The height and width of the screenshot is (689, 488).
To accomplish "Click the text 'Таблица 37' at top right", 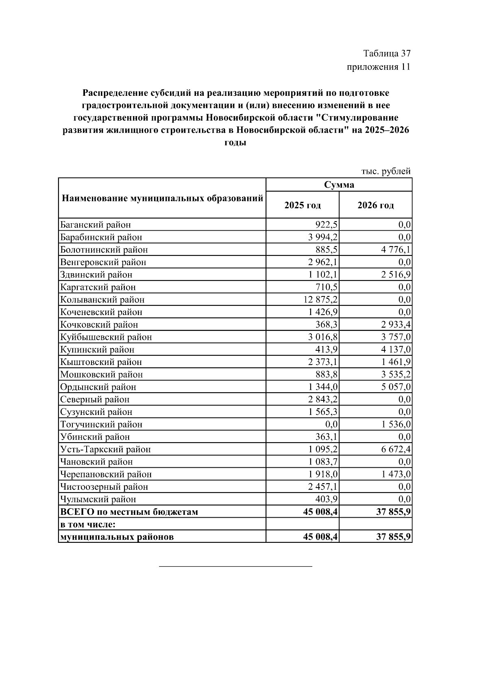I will (386, 54).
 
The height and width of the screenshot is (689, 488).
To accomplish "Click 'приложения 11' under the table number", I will (378, 67).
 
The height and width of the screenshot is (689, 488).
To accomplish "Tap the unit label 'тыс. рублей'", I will (386, 171).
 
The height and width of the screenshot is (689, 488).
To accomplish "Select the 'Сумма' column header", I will (339, 185).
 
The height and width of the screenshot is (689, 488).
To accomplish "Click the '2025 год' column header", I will (302, 205).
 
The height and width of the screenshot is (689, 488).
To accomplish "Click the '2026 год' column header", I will (375, 205).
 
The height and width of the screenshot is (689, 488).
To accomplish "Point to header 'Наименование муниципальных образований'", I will (162, 199).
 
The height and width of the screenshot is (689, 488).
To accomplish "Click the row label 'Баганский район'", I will (96, 225).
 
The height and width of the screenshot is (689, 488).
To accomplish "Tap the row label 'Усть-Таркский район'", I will (105, 450).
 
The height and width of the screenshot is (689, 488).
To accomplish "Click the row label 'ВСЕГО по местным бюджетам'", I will (129, 512).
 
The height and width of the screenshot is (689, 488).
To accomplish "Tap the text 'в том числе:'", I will (88, 525).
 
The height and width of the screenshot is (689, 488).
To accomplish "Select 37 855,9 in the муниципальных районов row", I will (393, 537).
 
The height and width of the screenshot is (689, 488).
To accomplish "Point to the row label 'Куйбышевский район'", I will (106, 337).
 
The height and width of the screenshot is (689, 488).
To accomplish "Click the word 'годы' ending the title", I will (235, 143).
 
